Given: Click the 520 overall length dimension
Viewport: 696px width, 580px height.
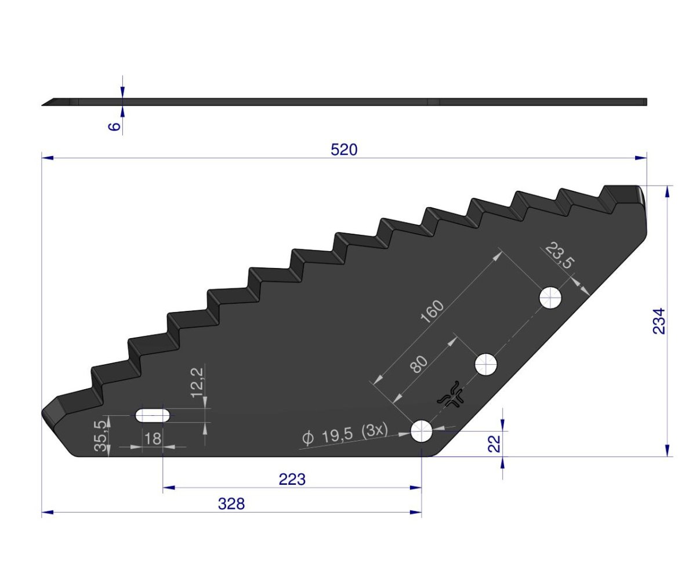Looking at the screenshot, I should (344, 150).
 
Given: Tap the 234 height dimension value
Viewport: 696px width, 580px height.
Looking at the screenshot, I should (659, 321).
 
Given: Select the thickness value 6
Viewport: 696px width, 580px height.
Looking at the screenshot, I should (115, 125).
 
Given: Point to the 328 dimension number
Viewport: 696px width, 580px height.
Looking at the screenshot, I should (231, 504).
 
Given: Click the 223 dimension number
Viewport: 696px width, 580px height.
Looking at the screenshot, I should (292, 480).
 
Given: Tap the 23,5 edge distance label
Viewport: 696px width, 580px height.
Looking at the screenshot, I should (559, 256).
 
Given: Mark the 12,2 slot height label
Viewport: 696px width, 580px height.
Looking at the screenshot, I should (197, 380).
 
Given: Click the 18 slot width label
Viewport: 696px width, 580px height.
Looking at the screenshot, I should (153, 438).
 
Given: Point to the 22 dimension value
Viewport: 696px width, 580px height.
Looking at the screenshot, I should (494, 444).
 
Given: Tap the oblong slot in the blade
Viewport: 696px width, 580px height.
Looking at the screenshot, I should (153, 415).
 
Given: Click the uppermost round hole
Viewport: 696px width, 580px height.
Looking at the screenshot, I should (550, 298).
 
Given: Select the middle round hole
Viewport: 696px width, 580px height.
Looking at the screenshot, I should (486, 365).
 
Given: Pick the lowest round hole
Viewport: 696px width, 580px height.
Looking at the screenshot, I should (422, 431).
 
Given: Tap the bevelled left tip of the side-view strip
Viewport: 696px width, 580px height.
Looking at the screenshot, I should (49, 103).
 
